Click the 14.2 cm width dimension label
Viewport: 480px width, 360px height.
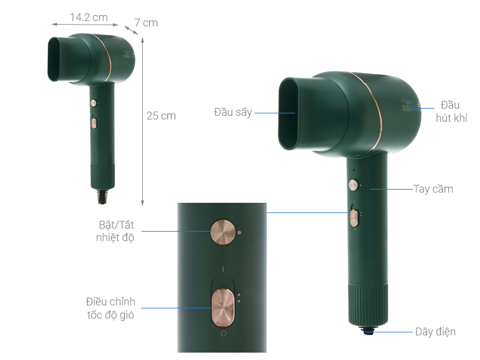[x=89, y=17]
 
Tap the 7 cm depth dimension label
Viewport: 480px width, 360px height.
[x=146, y=23]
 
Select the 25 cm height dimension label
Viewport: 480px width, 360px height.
[x=161, y=116]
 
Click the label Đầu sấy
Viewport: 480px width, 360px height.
[x=233, y=112]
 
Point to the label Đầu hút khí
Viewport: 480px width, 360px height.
[x=451, y=112]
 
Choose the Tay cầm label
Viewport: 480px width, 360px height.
[x=433, y=189]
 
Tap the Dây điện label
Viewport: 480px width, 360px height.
[x=436, y=332]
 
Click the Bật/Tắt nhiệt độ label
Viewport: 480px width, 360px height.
[x=115, y=231]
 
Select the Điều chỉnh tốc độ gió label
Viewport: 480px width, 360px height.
[x=110, y=308]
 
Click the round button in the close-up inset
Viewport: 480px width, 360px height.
[x=223, y=232]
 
